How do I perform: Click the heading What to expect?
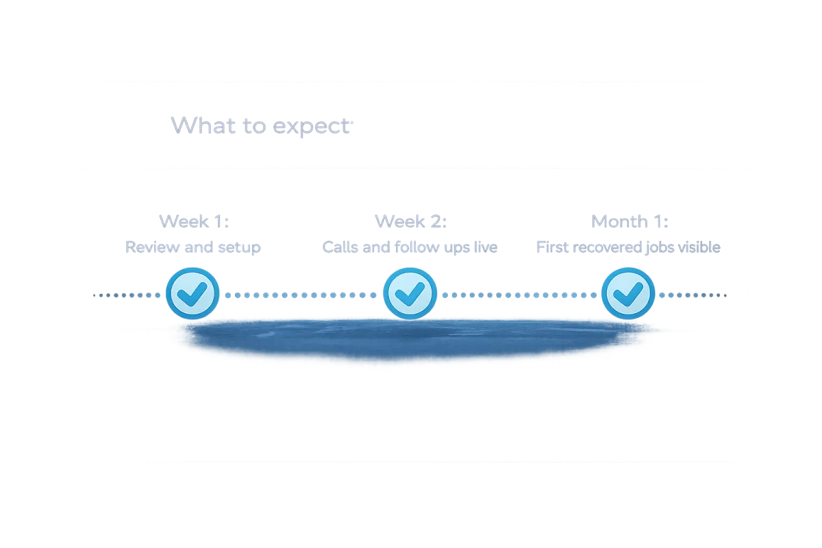pos(262,126)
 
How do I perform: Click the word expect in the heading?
pos(312,127)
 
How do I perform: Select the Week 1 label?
pos(194,221)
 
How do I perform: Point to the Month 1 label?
pos(630,221)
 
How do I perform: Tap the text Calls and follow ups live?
pos(410,247)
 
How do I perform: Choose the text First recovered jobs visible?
pos(629,247)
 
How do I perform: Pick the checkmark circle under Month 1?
pos(627,294)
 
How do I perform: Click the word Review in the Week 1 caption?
pos(147,247)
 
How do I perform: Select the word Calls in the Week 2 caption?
pos(340,247)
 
